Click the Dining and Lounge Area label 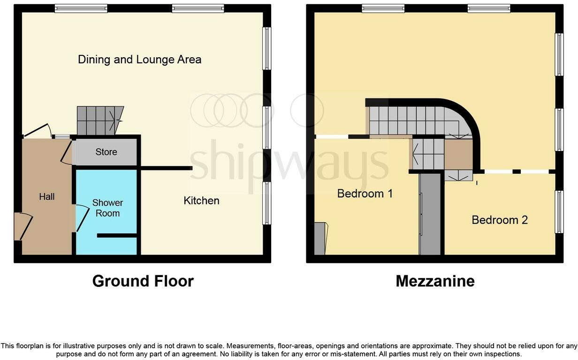point(139,60)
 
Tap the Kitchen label point(201,201)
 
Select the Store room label point(106,152)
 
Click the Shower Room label point(107,208)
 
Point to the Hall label point(47,197)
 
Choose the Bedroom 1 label point(365,194)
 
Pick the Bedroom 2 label point(500,220)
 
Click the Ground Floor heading point(143,281)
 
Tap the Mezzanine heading point(435,281)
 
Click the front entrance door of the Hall point(23,226)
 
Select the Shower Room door point(81,218)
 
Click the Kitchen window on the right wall point(266,203)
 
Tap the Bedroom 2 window point(559,211)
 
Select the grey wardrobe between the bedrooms point(430,214)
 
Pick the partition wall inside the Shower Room point(117,235)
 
